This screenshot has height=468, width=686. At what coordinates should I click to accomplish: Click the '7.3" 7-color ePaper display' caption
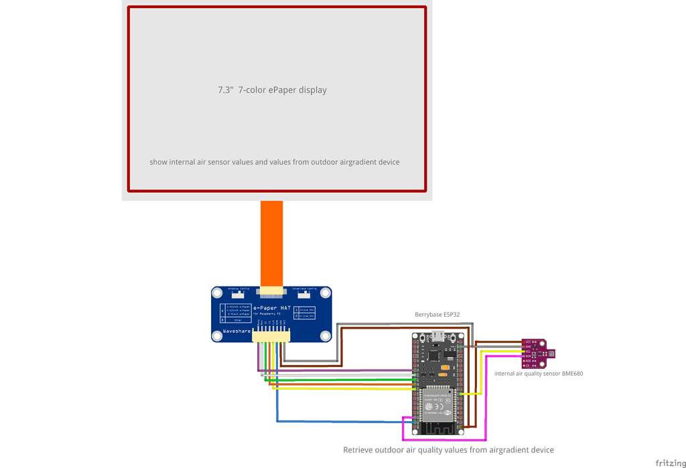(272, 90)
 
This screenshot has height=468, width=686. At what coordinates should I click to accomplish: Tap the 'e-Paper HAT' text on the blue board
(272, 308)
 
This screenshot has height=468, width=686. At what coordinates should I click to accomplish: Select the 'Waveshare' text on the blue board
(236, 331)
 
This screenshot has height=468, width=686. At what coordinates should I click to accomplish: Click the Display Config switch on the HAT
(238, 295)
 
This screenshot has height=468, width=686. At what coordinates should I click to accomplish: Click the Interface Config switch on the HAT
(304, 295)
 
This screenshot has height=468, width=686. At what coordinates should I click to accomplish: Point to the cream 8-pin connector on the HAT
(271, 336)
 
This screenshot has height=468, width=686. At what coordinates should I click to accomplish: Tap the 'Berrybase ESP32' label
(437, 315)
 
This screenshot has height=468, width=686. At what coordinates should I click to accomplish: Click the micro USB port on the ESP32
(437, 337)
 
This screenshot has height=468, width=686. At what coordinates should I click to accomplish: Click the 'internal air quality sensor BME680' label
(538, 374)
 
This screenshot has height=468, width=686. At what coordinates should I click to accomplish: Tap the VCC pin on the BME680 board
(528, 342)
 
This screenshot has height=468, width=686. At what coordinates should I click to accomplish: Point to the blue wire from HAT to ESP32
(335, 421)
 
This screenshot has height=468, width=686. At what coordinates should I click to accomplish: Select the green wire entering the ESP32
(342, 380)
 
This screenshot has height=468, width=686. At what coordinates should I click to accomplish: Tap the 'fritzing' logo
(670, 463)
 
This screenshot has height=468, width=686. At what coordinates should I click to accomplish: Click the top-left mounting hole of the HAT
(217, 293)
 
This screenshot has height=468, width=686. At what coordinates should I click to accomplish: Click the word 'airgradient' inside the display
(358, 162)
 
